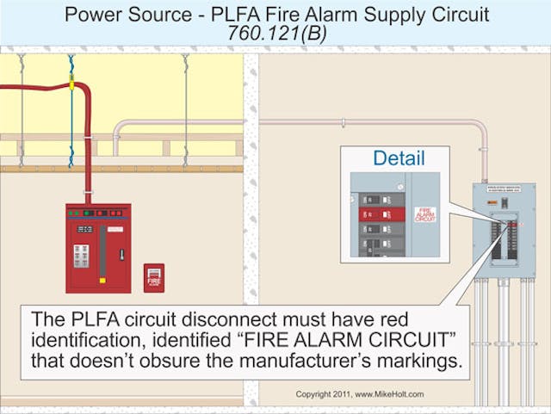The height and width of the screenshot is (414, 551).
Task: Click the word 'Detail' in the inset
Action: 399,158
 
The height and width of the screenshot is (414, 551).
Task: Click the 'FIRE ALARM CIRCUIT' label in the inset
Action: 425,214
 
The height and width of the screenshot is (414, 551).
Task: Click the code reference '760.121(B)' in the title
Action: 275,32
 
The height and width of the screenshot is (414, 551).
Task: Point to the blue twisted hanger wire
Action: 71,112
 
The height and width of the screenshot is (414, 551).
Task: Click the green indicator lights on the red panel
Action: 75,212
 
